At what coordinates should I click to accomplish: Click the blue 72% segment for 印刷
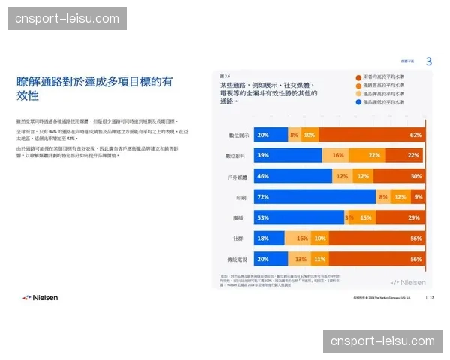pos(315,196)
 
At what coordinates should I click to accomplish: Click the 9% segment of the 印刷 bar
pos(418,196)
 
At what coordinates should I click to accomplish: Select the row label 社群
pos(240,238)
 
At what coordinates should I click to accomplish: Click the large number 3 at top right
pos(428,61)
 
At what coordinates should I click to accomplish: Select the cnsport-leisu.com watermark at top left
pos(67,18)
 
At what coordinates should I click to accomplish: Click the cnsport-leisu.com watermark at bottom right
pos(382,341)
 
